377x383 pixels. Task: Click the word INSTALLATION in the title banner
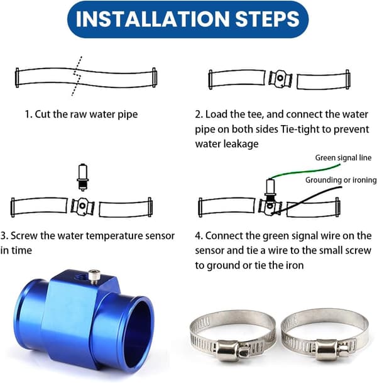(x=153, y=19)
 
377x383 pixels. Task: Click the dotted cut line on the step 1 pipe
(x=77, y=75)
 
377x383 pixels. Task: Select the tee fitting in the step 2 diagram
(x=280, y=79)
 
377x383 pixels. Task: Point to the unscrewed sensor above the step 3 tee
(x=83, y=177)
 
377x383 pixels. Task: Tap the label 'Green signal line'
(x=343, y=158)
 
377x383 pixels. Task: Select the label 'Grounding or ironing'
(x=341, y=180)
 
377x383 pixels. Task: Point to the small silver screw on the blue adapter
(x=94, y=277)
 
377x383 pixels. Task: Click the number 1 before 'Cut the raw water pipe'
(x=28, y=114)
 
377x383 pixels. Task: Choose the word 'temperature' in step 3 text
(x=114, y=236)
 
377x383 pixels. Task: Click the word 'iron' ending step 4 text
(x=295, y=265)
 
